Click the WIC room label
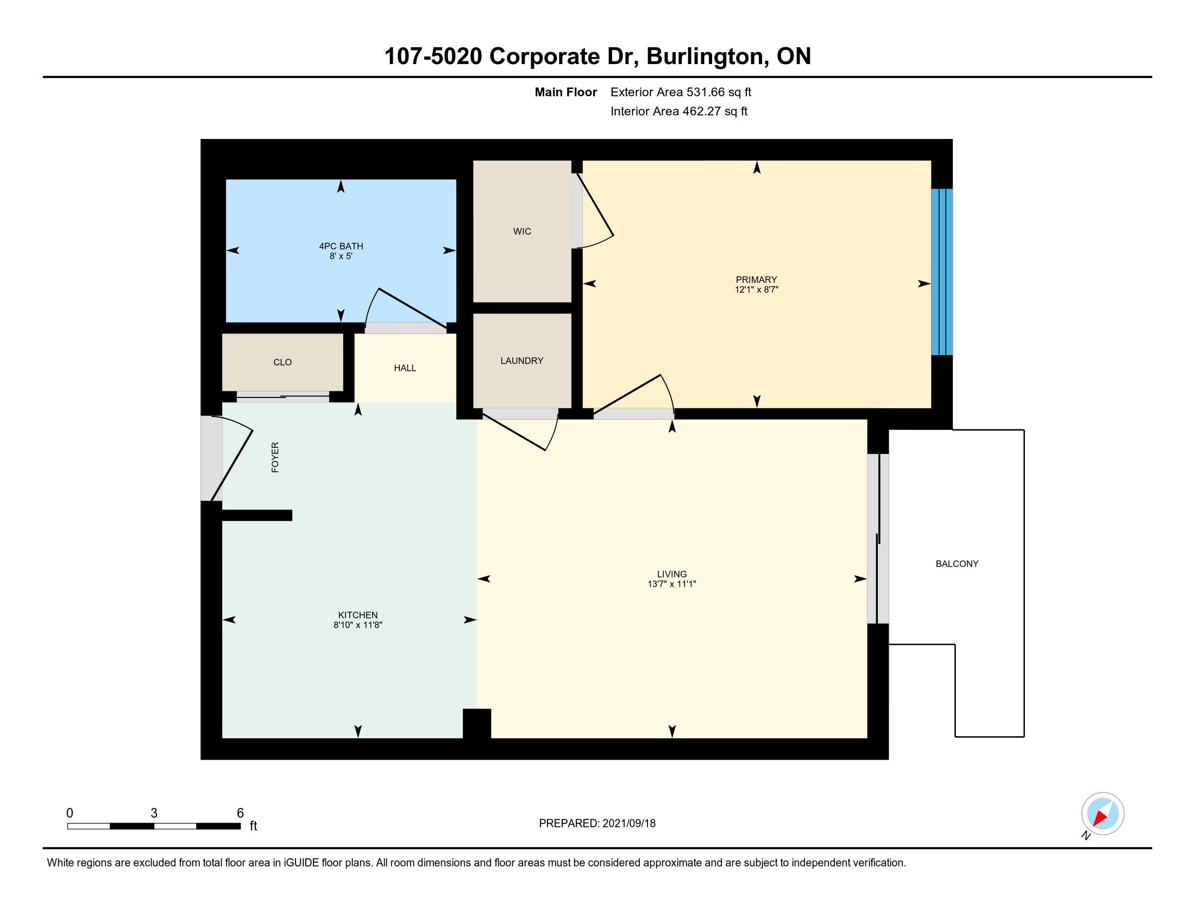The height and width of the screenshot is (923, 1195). coord(522,231)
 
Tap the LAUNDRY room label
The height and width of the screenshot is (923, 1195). coord(522,361)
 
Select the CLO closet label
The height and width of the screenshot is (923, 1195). coord(282,362)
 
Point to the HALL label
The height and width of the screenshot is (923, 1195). coord(405,368)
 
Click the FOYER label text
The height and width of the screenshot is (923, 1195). coord(275,457)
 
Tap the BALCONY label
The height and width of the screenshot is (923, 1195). coord(957,564)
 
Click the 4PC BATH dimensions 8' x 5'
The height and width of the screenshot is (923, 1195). coord(341,256)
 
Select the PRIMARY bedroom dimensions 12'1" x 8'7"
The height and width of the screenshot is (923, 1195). coord(756,289)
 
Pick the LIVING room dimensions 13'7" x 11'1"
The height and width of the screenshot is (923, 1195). coord(671,584)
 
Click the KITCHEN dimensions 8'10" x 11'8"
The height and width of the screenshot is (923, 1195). coord(358,625)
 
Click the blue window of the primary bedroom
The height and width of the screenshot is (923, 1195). coord(942,272)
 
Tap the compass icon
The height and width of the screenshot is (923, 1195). coord(1103,814)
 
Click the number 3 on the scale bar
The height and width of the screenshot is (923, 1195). coord(154,813)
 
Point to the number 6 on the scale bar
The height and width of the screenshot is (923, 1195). coord(240,813)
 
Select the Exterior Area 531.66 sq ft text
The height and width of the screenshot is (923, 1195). coord(681,92)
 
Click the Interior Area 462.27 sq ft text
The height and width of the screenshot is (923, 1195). coord(678,111)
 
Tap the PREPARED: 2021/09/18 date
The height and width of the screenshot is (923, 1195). coord(597,823)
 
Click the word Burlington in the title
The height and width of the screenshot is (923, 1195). coord(706,57)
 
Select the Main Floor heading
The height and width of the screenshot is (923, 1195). coord(566,92)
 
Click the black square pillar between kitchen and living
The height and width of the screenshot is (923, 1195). coord(476,723)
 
